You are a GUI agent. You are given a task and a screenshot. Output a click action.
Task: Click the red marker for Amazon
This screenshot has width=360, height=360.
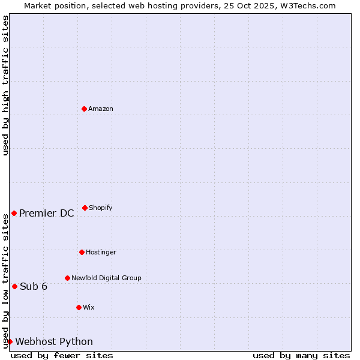pos(84,109)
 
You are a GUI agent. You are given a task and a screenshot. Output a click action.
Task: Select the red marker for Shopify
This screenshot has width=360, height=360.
pos(85,208)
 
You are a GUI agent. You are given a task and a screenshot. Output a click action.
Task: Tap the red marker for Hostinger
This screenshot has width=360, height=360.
pos(82,252)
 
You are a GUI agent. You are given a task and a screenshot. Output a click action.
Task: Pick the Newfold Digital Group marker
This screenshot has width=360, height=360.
pos(67,278)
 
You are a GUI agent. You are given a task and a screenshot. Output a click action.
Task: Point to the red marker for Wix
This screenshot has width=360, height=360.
pos(79,307)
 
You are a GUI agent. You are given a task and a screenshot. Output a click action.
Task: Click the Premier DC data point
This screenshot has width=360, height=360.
pos(14,213)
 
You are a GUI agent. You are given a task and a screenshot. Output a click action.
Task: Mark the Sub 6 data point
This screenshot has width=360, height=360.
pos(14,286)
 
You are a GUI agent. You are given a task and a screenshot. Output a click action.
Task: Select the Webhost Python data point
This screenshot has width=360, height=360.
pos(10,341)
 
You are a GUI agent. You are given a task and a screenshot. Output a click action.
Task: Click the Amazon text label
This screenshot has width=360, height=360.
pos(101,109)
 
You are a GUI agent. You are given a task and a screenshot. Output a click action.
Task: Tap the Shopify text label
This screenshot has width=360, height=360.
pos(101,208)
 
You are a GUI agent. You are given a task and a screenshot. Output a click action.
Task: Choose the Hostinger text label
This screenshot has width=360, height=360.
pos(101,252)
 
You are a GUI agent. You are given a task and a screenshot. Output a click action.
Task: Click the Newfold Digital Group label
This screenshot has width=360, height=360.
pos(106,278)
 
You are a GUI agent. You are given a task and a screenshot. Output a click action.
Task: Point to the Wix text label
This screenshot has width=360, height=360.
pos(89,307)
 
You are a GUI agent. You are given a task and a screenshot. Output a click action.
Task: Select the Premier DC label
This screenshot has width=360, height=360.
pos(47,213)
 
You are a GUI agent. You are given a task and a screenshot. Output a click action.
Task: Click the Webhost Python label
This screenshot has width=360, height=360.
pos(54,341)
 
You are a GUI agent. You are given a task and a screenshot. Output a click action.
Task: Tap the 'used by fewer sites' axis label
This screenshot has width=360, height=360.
pos(62,355)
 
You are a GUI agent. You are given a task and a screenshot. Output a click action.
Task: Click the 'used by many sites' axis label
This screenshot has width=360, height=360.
pos(301,355)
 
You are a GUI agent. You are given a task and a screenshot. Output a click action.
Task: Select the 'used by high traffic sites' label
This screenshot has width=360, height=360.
pos(5,85)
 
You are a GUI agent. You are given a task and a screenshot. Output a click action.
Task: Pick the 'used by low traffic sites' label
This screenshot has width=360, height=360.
pos(5,280)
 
